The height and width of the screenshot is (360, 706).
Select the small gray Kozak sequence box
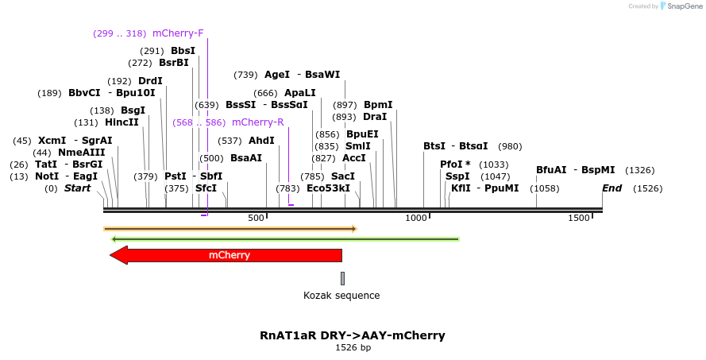pos(342,278)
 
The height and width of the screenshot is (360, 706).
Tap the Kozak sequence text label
pos(341,296)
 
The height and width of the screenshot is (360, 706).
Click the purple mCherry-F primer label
pos(178,33)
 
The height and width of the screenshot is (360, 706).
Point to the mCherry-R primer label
pos(257,122)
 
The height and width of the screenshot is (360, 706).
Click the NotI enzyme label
pos(47,176)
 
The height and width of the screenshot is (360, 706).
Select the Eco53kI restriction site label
pos(328,188)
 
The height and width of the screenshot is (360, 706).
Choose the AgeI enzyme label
pos(277,75)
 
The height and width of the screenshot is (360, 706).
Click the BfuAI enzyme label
pos(551,170)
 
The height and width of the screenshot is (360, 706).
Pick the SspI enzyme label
pos(457,176)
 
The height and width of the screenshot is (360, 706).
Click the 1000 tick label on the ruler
pos(417,218)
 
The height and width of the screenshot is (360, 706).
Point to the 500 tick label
pos(256,218)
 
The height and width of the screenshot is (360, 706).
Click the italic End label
pos(611,188)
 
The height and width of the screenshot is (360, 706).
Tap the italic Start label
pos(77,188)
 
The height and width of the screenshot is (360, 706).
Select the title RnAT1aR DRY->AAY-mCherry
pos(353,335)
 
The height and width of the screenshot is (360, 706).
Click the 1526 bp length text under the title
pos(353,348)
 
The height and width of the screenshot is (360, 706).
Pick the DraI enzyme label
pos(375,117)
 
